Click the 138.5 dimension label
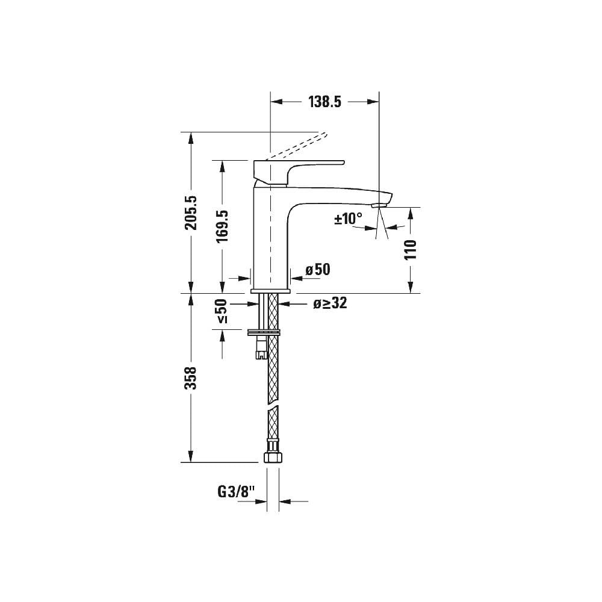tap(325, 102)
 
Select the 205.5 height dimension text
tap(191, 213)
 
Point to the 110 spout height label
tap(411, 249)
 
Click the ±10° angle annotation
tap(349, 219)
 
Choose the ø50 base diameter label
tap(318, 270)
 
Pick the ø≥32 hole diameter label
tap(330, 304)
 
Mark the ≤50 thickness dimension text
tap(222, 311)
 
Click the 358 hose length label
tap(191, 377)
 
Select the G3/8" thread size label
tap(235, 492)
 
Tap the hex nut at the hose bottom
tap(273, 452)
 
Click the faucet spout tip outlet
tap(378, 206)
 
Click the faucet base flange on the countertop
tap(270, 291)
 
